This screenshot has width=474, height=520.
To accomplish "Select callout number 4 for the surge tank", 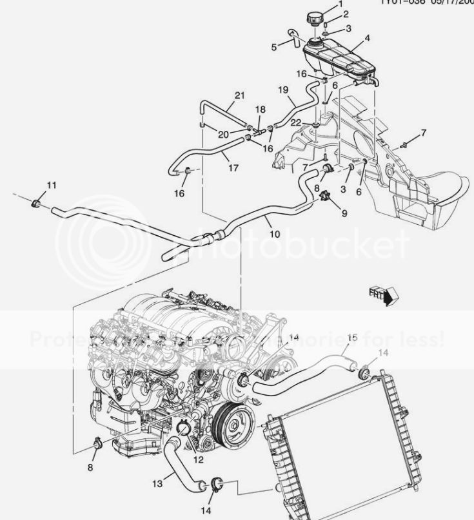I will [367, 38].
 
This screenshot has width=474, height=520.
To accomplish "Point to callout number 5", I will [273, 46].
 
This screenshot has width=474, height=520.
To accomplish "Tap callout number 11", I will [51, 186].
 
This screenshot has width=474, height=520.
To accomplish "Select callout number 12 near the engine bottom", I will [198, 459].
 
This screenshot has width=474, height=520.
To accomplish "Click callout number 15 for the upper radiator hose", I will [352, 337].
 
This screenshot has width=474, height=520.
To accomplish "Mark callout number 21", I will [239, 96].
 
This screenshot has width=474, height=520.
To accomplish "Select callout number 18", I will [261, 110].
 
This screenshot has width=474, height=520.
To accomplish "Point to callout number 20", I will [223, 134].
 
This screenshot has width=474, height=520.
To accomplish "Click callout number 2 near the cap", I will [346, 14].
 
